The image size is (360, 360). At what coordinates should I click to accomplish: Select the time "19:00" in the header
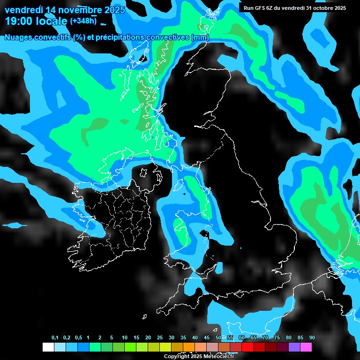pyautogui.click(x=18, y=21)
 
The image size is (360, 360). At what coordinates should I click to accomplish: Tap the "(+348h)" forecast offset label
pyautogui.click(x=83, y=21)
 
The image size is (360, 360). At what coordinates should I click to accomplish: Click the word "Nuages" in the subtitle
pyautogui.click(x=19, y=37)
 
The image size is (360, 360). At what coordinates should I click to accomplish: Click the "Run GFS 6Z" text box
pyautogui.click(x=294, y=8)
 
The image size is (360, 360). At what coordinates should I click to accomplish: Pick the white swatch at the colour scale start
pyautogui.click(x=48, y=347)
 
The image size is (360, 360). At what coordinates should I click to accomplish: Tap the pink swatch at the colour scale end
pyautogui.click(x=306, y=347)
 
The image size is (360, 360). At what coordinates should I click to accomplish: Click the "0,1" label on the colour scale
pyautogui.click(x=55, y=338)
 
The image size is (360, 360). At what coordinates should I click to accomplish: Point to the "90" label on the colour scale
pyautogui.click(x=312, y=338)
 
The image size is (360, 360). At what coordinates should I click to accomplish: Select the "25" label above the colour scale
pyautogui.click(x=160, y=338)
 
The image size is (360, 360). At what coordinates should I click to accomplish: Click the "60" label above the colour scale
pyautogui.click(x=242, y=338)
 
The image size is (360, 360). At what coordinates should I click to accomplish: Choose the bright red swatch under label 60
pyautogui.click(x=247, y=347)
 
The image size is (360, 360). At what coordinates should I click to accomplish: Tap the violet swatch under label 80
pyautogui.click(x=294, y=347)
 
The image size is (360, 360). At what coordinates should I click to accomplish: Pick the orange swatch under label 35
pyautogui.click(x=189, y=347)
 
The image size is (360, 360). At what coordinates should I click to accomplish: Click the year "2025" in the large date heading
pyautogui.click(x=111, y=9)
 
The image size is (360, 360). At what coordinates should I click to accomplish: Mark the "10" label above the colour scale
pyautogui.click(x=125, y=338)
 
